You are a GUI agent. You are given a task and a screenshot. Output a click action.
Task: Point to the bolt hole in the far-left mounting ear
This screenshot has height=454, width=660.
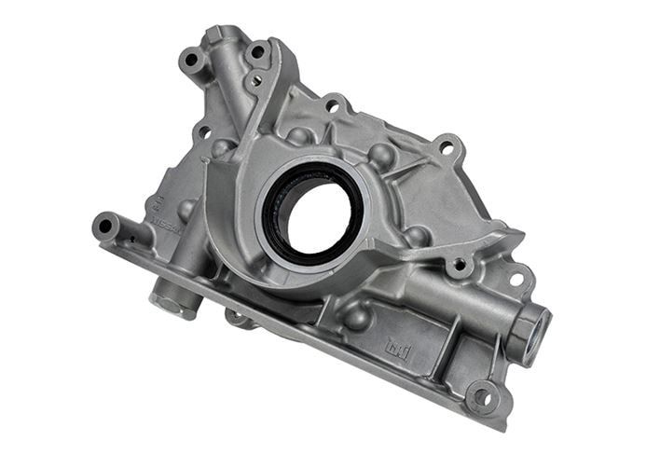pyautogui.click(x=104, y=225)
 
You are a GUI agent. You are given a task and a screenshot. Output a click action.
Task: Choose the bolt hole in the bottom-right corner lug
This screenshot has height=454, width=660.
pyautogui.click(x=482, y=396)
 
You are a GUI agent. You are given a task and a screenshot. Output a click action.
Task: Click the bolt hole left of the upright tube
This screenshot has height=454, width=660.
pyautogui.click(x=193, y=60)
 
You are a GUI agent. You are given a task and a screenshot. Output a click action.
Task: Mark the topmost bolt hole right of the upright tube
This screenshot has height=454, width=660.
pyautogui.click(x=256, y=52)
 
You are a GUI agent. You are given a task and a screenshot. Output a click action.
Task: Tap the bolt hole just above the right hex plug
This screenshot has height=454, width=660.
pyautogui.click(x=515, y=279)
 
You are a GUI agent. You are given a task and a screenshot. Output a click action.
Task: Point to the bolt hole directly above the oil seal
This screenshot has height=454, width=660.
pyautogui.click(x=332, y=106)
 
